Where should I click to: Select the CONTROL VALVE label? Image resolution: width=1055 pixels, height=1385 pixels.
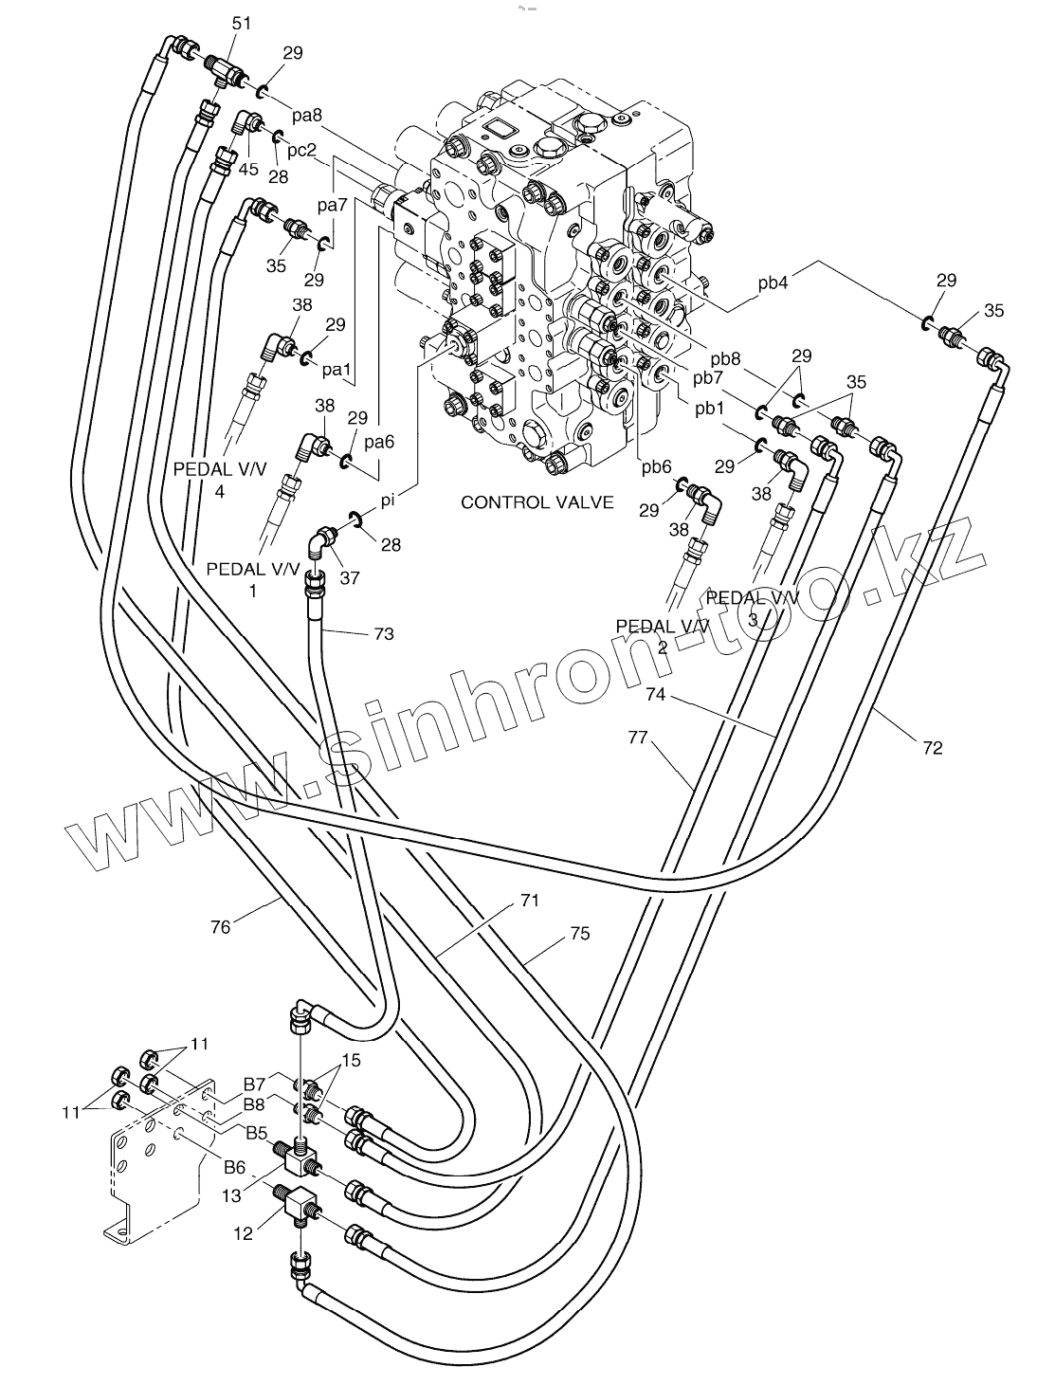point(537,502)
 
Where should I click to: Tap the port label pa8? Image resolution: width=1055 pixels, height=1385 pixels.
point(307,116)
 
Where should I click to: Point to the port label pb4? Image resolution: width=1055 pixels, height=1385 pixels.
point(773,282)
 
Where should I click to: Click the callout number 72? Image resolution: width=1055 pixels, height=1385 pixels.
point(932,748)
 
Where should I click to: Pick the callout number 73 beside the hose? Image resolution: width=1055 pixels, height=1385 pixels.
point(384,633)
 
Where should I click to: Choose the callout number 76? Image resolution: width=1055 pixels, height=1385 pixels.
point(220,927)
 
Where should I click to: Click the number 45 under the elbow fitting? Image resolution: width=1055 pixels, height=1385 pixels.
point(248,169)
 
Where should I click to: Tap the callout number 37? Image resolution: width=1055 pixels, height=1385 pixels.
point(350,577)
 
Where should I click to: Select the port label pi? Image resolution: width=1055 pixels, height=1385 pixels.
point(388,501)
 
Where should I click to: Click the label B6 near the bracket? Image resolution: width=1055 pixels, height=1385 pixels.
point(235,1167)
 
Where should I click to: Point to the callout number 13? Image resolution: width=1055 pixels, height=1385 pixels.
point(231,1195)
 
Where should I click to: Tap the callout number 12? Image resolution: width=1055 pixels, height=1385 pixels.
point(243,1233)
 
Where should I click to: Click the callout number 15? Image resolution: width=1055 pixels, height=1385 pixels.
point(351,1061)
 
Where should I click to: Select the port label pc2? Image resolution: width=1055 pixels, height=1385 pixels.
point(301,151)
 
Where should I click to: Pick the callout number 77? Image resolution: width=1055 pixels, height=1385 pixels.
point(638,737)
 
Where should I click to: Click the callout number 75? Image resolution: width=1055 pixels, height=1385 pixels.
point(579,933)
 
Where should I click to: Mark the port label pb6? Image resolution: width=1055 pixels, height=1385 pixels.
point(656,467)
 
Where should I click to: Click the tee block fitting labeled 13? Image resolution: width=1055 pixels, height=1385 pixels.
point(298,1157)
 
